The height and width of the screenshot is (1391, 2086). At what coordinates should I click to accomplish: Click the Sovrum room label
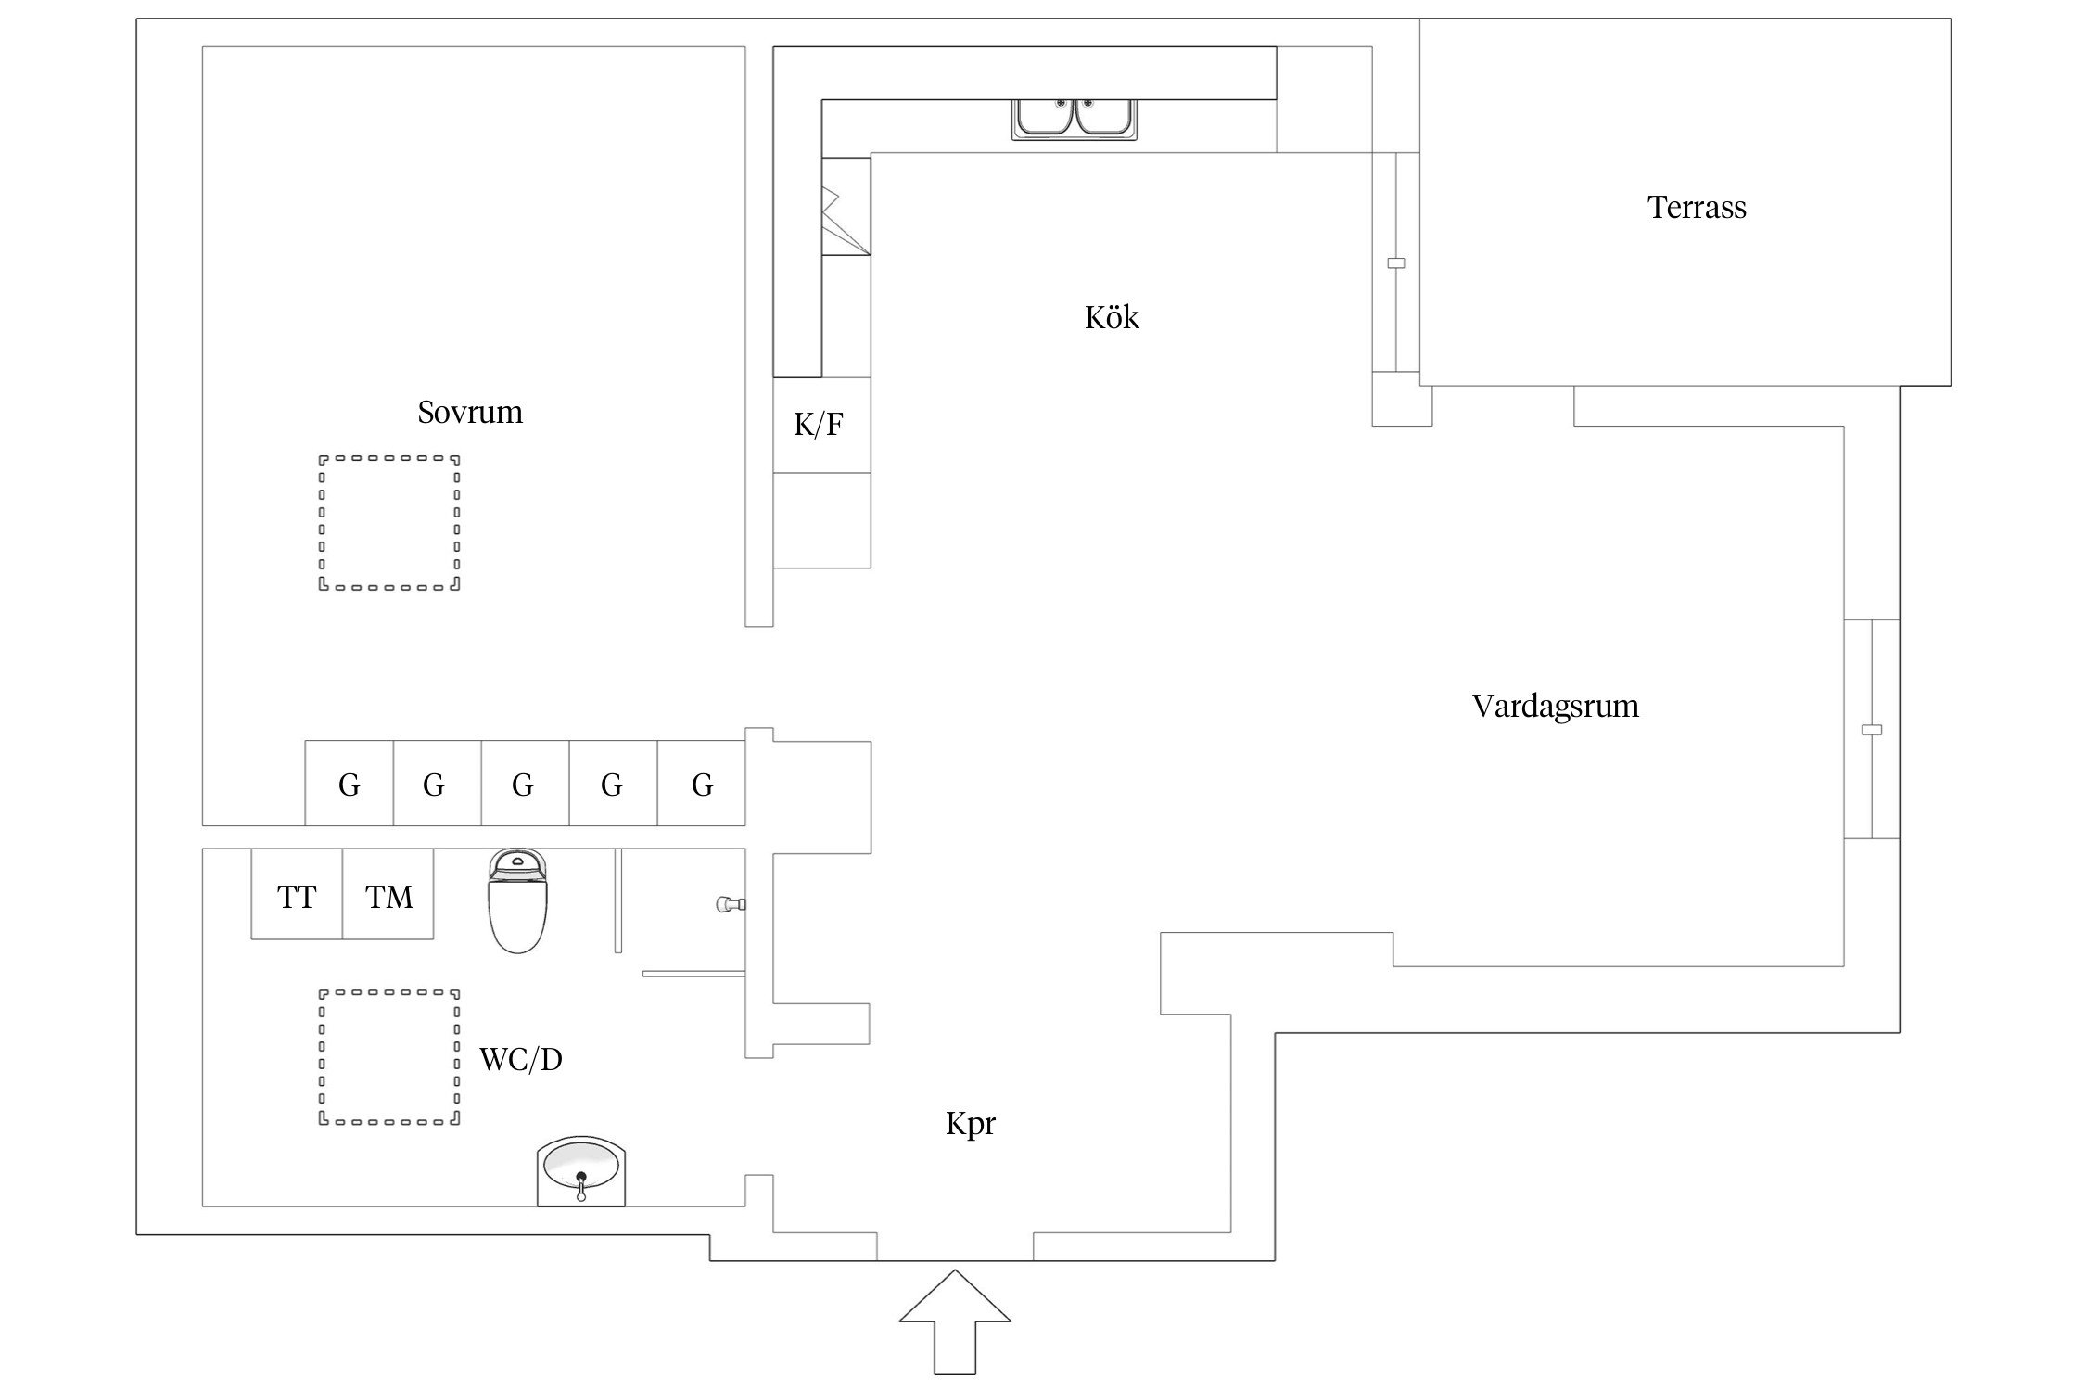tap(469, 412)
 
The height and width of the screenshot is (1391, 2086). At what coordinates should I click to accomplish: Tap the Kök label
tap(1111, 318)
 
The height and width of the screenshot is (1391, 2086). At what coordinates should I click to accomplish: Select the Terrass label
tap(1696, 207)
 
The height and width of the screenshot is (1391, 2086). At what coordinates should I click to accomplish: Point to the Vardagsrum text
tap(1555, 706)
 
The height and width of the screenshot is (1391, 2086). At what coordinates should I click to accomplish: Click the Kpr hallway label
tap(970, 1124)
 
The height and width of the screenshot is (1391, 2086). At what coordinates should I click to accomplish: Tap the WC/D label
tap(520, 1059)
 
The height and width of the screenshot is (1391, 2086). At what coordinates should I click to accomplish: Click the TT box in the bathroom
tap(297, 895)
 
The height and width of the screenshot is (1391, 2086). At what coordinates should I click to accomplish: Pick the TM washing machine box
tap(388, 895)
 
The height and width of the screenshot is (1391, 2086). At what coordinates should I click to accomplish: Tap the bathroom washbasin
tap(581, 1170)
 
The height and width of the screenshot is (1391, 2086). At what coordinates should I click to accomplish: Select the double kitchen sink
tap(1075, 119)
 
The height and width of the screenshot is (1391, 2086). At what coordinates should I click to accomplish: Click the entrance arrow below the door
tap(954, 1321)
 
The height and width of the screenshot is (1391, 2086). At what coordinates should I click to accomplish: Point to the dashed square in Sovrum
tap(389, 522)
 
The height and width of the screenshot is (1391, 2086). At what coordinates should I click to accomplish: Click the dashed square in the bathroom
tap(389, 1057)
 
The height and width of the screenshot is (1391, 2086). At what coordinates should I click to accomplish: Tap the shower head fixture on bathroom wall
tap(731, 903)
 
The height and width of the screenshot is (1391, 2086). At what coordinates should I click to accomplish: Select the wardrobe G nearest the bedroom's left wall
tap(349, 784)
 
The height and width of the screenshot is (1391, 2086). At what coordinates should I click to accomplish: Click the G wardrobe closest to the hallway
tap(702, 784)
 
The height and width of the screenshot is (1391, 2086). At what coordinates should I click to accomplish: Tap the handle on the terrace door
tap(1395, 263)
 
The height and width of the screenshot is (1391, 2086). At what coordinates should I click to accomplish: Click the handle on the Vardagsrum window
tap(1871, 730)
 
